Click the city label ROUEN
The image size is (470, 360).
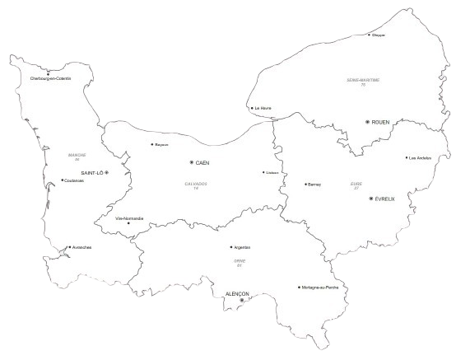pyautogui.click(x=381, y=122)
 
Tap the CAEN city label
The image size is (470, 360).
pyautogui.click(x=202, y=163)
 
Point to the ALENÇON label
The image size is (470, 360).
pyautogui.click(x=237, y=293)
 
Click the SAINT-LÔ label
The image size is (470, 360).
pyautogui.click(x=92, y=173)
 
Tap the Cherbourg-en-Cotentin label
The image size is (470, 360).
pyautogui.click(x=50, y=78)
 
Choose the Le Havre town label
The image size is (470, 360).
pyautogui.click(x=263, y=108)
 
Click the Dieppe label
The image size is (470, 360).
pyautogui.click(x=379, y=35)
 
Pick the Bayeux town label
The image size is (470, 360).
pyautogui.click(x=162, y=145)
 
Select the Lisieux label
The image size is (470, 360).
pyautogui.click(x=271, y=173)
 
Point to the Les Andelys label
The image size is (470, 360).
pyautogui.click(x=420, y=158)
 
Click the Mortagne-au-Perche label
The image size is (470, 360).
pyautogui.click(x=320, y=288)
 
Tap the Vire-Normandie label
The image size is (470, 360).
pyautogui.click(x=129, y=218)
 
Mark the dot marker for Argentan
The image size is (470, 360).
pyautogui.click(x=231, y=247)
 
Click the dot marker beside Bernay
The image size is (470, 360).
pyautogui.click(x=305, y=185)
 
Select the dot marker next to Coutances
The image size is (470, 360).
pyautogui.click(x=63, y=180)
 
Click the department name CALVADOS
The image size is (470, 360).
pyautogui.click(x=196, y=185)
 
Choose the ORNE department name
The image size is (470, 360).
pyautogui.click(x=239, y=260)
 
